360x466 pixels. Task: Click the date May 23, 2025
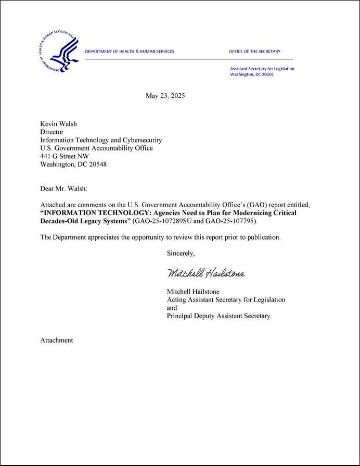pos(165,96)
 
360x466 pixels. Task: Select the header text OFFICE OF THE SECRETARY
pos(254,52)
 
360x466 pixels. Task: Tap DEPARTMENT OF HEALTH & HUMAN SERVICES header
pos(130,52)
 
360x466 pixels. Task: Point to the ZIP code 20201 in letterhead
pos(267,74)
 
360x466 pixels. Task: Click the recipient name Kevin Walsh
pos(58,124)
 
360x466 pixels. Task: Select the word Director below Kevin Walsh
pos(52,132)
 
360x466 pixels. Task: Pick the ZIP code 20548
pos(97,165)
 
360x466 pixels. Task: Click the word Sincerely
pos(181,254)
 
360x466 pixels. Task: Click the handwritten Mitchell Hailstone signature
pos(205,273)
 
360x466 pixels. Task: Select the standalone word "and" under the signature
pos(172,308)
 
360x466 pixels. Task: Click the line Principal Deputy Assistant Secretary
pos(218,316)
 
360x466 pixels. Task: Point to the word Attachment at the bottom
pos(57,340)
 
